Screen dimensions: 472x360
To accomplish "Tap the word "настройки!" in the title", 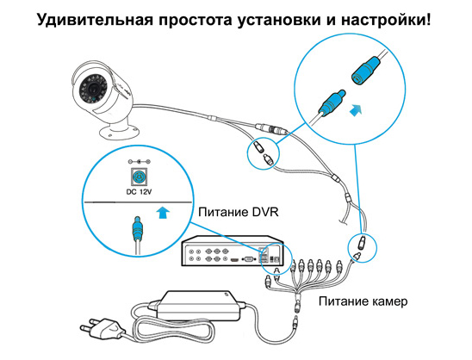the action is point(386,20).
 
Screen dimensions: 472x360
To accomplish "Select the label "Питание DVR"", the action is point(239,213).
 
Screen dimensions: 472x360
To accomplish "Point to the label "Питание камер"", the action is point(363,301).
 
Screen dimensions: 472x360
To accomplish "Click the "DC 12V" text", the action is point(139,191).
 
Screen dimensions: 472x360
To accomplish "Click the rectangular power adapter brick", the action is point(199,306).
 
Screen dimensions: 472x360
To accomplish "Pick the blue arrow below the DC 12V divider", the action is point(163,213).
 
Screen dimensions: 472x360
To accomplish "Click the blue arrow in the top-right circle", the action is point(356,110).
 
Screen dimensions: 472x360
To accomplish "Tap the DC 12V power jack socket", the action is point(139,177).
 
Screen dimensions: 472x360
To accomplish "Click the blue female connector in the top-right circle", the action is point(366,71).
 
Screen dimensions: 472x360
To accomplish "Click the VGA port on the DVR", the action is point(249,258).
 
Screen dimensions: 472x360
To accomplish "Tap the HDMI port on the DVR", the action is point(234,259).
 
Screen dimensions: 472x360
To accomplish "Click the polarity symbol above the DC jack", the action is point(139,162).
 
